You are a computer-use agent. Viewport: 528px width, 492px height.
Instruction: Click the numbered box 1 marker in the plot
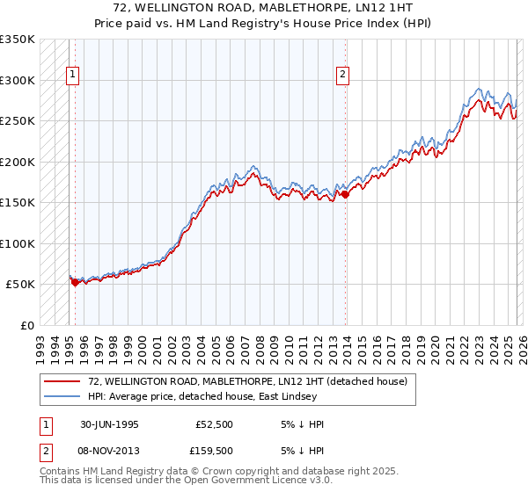[x=72, y=76]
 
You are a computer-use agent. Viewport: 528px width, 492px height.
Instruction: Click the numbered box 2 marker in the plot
[x=341, y=76]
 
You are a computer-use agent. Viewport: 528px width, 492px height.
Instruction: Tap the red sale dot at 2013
[x=345, y=195]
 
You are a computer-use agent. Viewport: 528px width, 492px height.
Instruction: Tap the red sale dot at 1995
[x=76, y=282]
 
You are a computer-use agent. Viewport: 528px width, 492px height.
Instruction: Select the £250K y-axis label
[x=18, y=121]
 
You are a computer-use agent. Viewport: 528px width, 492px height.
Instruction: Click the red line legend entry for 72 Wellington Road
[x=246, y=382]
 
